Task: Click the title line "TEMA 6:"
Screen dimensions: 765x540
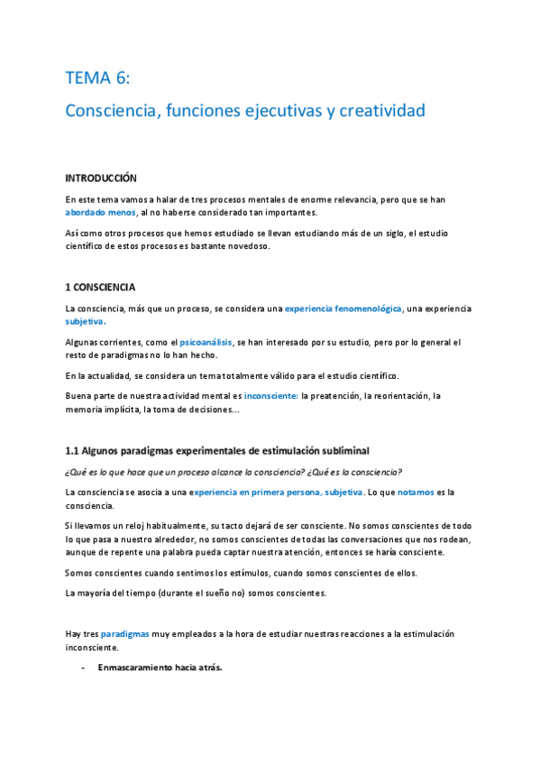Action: tap(97, 78)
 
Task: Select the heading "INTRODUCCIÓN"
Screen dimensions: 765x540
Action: tap(101, 179)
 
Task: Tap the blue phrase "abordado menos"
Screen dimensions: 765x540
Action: tap(101, 213)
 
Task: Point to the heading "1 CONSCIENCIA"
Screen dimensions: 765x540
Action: tap(100, 288)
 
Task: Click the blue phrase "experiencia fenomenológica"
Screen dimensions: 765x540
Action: tap(343, 309)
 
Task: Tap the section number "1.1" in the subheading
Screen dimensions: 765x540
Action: tap(73, 451)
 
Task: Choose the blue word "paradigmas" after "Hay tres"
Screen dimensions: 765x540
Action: tap(126, 634)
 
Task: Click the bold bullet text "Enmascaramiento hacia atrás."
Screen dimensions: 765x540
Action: tap(160, 668)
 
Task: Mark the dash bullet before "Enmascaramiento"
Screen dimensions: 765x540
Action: tap(83, 668)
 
